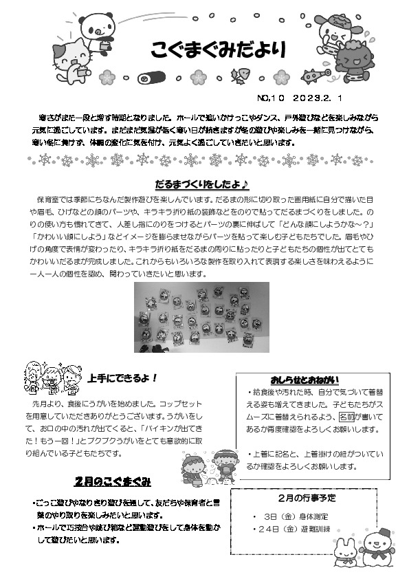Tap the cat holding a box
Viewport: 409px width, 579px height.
click(68, 58)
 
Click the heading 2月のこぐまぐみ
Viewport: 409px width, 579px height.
click(113, 480)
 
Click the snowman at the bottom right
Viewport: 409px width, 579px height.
click(376, 546)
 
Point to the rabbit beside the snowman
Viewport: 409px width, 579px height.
click(344, 550)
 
